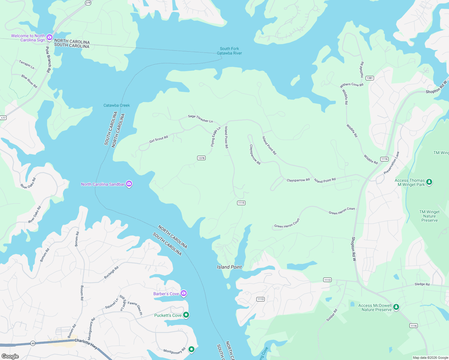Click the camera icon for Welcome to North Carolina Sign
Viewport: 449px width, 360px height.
50,37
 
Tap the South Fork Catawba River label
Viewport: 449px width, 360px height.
229,51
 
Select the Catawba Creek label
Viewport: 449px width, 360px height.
116,105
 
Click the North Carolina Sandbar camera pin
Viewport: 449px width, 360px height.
129,184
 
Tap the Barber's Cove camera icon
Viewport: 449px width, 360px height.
184,293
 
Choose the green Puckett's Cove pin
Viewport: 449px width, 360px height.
186,315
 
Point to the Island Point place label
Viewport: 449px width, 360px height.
229,267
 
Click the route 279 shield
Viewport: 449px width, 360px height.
88,3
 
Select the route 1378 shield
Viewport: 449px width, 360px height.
201,158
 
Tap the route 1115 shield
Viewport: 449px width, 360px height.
241,203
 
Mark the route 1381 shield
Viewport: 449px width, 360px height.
369,78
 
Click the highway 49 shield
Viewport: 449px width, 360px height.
33,343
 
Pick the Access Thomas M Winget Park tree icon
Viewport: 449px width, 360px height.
429,182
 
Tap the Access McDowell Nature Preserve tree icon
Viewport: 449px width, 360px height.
396,307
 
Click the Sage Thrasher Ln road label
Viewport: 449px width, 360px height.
200,119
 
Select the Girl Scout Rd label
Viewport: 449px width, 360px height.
158,139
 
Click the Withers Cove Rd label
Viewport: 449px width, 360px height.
351,85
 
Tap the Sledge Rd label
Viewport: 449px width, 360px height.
422,284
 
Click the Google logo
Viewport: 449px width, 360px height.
10,356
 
